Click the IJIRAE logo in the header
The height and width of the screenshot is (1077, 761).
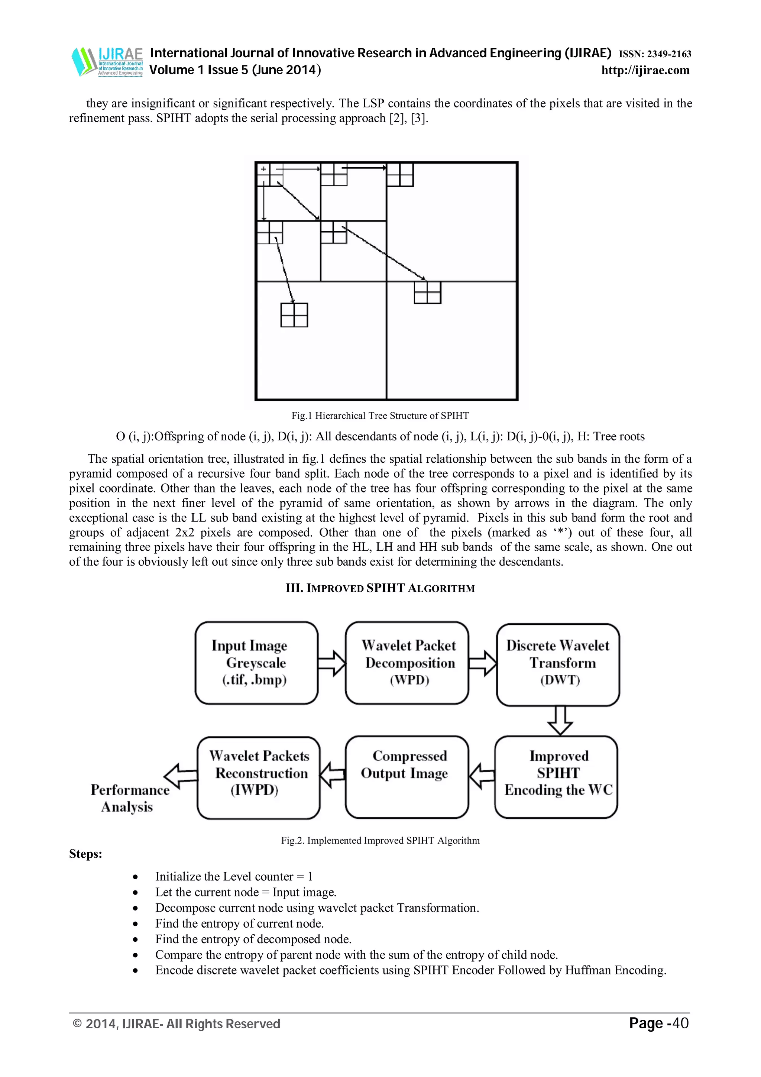[107, 61]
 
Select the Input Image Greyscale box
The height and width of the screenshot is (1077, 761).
[256, 662]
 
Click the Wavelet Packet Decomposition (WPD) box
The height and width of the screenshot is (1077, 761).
[407, 662]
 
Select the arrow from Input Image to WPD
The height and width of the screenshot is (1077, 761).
[331, 663]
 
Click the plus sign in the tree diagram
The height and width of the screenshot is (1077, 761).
[263, 169]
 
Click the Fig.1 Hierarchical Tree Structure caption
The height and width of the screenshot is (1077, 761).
[380, 415]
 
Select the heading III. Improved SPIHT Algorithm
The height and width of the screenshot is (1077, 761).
[380, 588]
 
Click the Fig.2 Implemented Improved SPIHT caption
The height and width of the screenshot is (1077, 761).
[380, 840]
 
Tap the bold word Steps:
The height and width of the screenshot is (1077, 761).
[85, 854]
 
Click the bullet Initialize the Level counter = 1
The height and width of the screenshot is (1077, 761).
[233, 876]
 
